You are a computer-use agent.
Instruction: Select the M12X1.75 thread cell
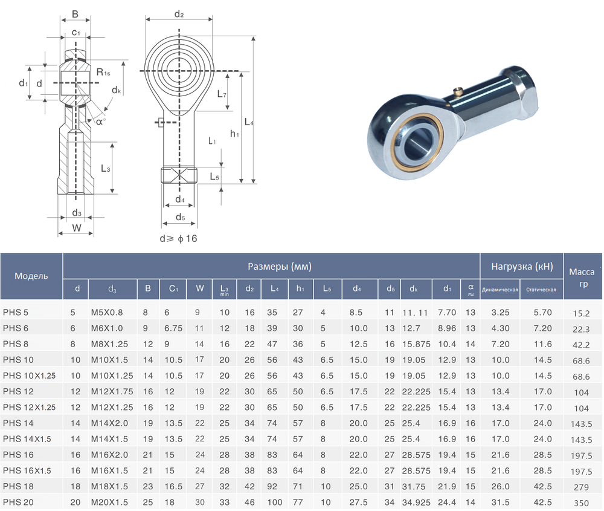pos(112,391)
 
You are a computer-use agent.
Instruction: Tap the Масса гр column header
pos(582,278)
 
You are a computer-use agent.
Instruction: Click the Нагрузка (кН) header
pos(522,266)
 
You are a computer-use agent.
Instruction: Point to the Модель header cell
pos(31,276)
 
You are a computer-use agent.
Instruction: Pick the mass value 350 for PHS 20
pos(581,503)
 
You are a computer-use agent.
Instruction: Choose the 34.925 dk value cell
pos(416,503)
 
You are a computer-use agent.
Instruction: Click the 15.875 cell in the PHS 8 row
pos(416,344)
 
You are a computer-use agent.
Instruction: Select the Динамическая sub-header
pos(500,290)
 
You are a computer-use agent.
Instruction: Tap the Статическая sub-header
pos(541,290)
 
